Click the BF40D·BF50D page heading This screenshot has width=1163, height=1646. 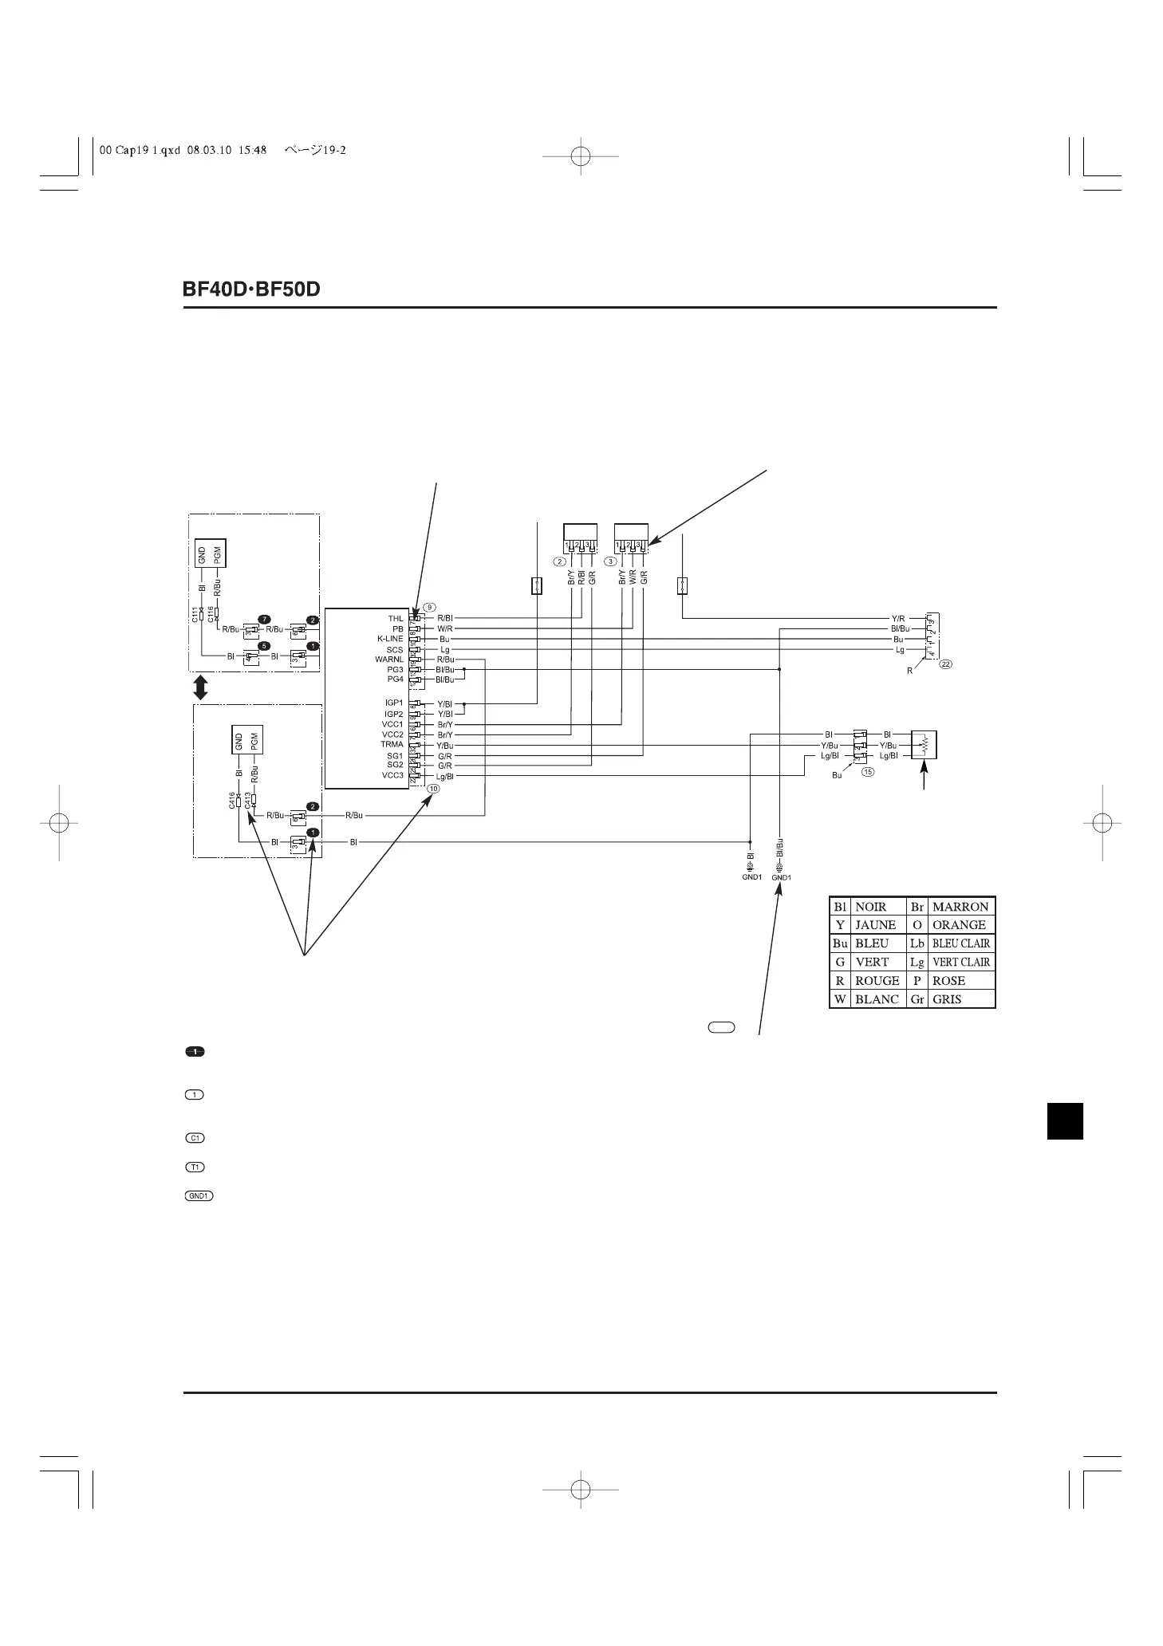click(251, 289)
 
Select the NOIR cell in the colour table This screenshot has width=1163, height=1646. click(870, 907)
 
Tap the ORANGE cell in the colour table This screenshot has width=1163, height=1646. click(959, 925)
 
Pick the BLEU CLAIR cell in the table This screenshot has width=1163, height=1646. click(960, 943)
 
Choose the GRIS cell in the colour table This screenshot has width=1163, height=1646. click(947, 999)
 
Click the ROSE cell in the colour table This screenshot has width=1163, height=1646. click(948, 981)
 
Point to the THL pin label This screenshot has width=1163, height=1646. click(395, 619)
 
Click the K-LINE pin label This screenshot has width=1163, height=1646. click(390, 639)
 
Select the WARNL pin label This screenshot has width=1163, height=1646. click(389, 660)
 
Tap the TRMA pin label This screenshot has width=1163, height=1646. click(392, 744)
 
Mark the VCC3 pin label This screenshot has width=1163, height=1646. click(392, 775)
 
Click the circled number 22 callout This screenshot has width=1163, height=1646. click(946, 664)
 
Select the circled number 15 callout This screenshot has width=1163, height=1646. click(867, 771)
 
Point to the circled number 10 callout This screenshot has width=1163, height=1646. click(433, 788)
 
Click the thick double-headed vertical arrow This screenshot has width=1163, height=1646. click(200, 687)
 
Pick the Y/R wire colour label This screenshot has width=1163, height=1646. click(897, 618)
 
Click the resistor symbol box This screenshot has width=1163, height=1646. click(924, 744)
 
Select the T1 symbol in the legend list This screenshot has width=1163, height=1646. click(194, 1168)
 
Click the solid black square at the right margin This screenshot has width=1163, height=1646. click(1065, 1120)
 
